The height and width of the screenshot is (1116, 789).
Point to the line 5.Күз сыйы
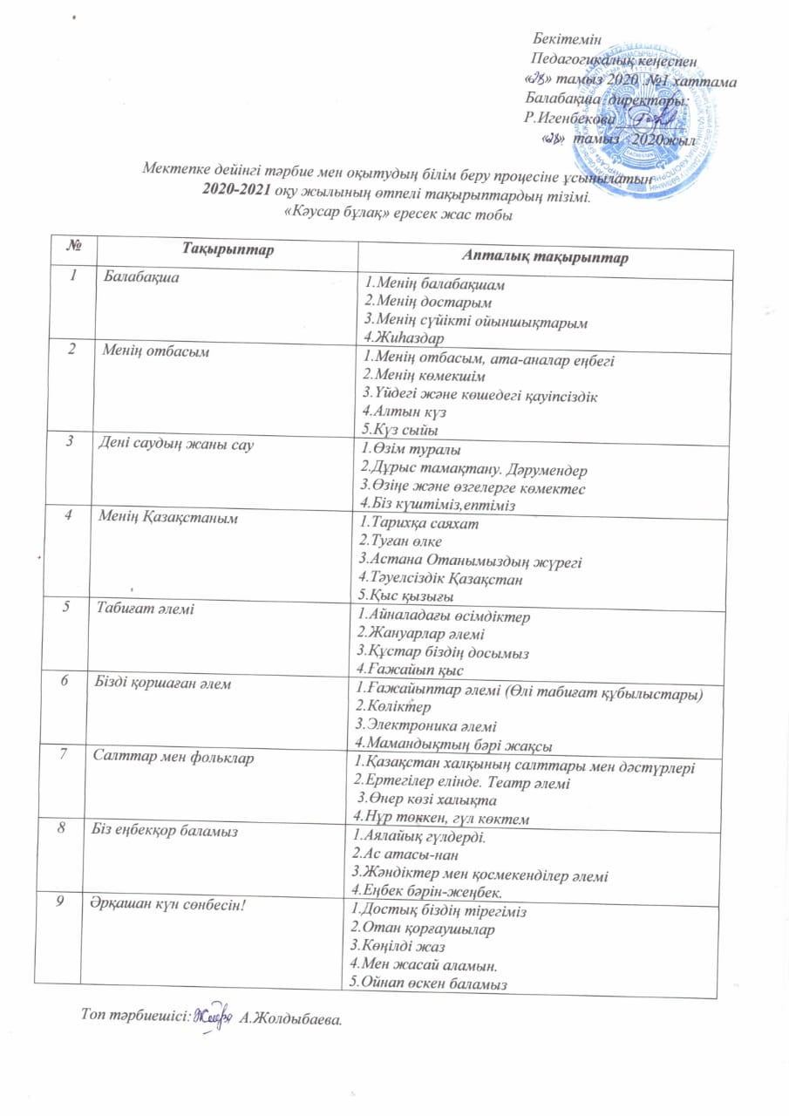click(x=399, y=431)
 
